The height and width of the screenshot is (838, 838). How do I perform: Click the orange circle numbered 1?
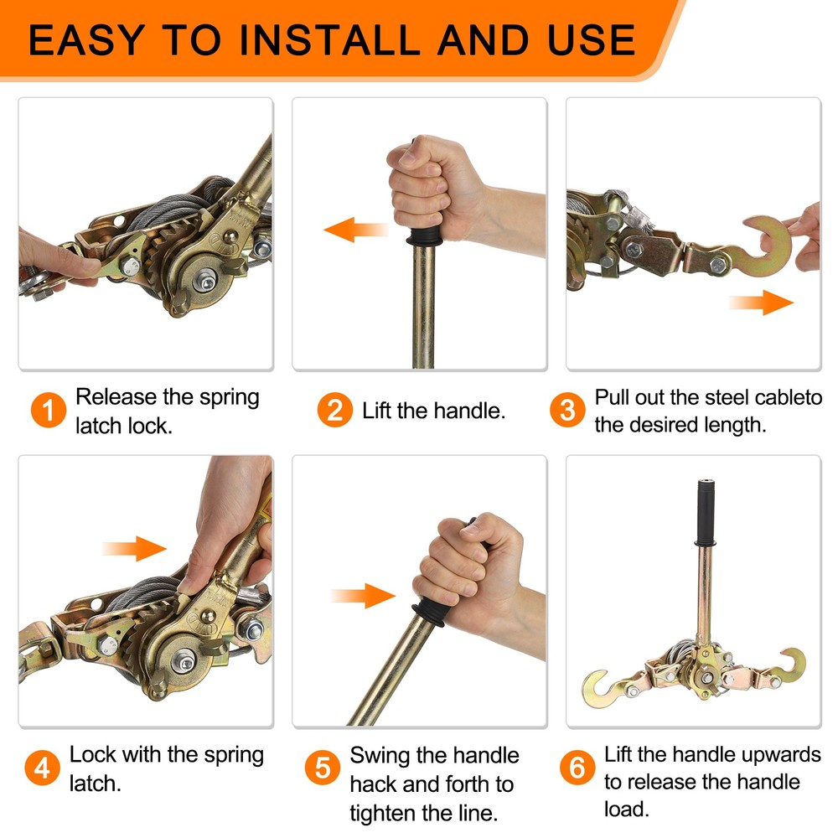49,411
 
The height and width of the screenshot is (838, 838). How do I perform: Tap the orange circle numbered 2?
334,411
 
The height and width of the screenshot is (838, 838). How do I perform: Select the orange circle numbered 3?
567,411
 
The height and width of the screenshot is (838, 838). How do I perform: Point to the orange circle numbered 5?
323,768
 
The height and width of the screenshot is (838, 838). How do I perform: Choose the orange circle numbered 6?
577,768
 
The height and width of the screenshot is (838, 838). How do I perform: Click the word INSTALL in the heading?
336,39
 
